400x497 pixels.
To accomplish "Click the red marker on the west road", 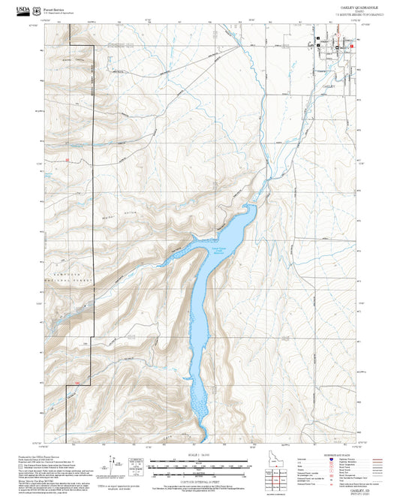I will click(x=67, y=160).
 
